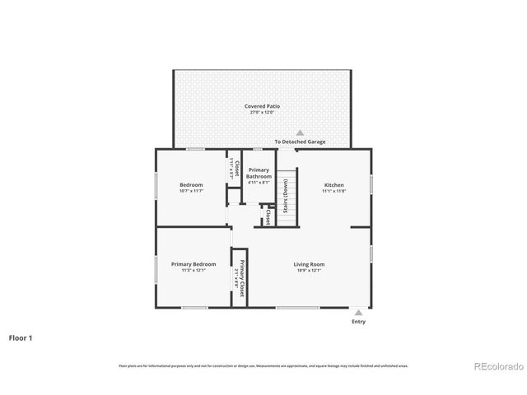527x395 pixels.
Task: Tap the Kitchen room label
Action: (333, 185)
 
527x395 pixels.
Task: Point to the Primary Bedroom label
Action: (194, 264)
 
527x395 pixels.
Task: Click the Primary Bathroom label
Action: (259, 173)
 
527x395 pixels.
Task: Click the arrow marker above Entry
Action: (358, 313)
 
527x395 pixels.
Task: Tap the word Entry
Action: (358, 322)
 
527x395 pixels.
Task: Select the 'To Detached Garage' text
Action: (300, 142)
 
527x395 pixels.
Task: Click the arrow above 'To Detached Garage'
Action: (301, 132)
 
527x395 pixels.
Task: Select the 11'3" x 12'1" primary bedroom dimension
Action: (194, 270)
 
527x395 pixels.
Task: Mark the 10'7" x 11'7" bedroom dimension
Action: (191, 191)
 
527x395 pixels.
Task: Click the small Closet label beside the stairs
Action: (268, 216)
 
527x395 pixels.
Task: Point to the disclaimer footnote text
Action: (263, 365)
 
